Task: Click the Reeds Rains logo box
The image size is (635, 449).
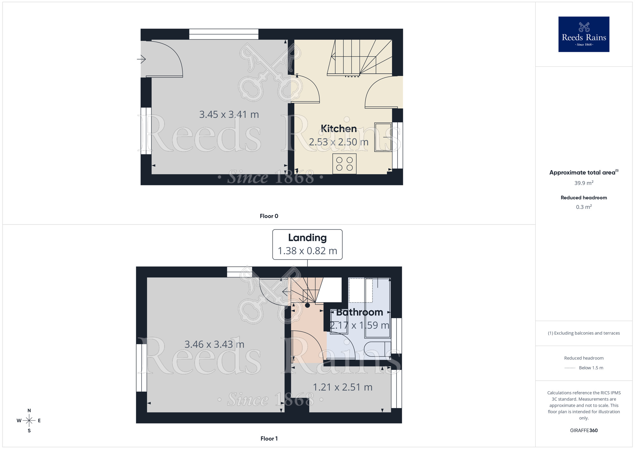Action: click(584, 34)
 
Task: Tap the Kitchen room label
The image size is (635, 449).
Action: click(338, 129)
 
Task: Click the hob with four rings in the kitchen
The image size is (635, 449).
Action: click(344, 164)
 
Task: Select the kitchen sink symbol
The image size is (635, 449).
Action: click(383, 137)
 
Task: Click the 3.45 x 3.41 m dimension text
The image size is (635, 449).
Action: click(229, 115)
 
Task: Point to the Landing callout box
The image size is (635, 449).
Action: click(307, 244)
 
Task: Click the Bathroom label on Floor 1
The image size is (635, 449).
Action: click(359, 312)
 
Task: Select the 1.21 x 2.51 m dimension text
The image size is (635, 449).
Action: click(343, 387)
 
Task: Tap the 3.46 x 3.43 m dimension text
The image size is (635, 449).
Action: click(214, 345)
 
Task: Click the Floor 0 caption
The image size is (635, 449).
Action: click(269, 216)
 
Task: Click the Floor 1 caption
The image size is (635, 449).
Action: click(269, 439)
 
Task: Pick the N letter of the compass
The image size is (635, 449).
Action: click(29, 411)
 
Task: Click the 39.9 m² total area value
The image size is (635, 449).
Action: click(584, 183)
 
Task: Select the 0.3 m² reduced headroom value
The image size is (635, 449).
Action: click(584, 207)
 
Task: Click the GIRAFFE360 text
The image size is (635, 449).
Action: click(584, 431)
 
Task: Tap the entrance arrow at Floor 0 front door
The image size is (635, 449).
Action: click(141, 59)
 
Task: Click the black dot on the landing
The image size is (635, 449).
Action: click(307, 305)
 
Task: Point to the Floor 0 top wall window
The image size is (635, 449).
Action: click(224, 34)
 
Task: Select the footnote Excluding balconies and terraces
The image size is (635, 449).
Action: click(584, 333)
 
